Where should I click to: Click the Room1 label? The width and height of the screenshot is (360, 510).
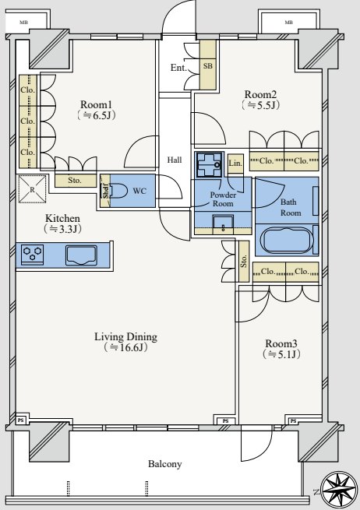[x=96, y=105]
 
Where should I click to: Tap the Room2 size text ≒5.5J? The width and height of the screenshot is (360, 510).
[x=261, y=105]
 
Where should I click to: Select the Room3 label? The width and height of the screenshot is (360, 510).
[x=281, y=343]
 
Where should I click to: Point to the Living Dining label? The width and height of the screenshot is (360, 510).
[x=125, y=336]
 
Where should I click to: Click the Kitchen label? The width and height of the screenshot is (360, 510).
[x=62, y=218]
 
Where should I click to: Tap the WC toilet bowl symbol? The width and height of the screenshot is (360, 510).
[x=118, y=191]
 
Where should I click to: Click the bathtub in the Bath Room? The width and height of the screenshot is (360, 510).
[x=287, y=240]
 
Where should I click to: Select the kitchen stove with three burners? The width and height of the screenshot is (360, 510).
[x=32, y=254]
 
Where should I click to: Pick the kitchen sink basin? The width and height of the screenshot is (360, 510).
[x=81, y=255]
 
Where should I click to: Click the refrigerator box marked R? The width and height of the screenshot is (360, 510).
[x=32, y=189]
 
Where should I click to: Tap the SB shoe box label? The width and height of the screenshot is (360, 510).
[x=208, y=65]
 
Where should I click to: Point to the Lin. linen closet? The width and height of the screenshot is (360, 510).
[x=235, y=164]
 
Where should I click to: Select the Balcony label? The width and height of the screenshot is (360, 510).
[x=164, y=464]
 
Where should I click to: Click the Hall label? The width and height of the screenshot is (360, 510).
[x=175, y=160]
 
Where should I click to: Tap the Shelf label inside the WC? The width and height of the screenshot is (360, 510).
[x=105, y=191]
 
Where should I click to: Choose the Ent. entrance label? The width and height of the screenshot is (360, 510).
[x=178, y=68]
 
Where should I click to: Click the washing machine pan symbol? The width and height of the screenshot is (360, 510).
[x=209, y=164]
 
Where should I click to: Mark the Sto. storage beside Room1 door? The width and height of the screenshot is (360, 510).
[x=75, y=181]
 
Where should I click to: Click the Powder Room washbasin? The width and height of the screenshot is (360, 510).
[x=223, y=224]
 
